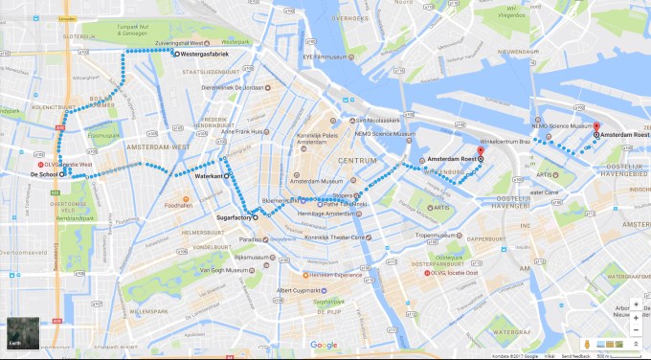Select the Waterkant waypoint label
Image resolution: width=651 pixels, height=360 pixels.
coord(208,177)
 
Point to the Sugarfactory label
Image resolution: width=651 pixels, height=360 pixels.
coord(229,218)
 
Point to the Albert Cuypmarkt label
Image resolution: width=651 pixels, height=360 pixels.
coord(298,289)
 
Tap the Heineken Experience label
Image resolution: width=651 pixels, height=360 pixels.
coord(331,274)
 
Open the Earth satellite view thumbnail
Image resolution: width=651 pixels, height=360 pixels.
coord(21,331)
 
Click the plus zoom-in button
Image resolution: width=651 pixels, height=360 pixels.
coord(636,317)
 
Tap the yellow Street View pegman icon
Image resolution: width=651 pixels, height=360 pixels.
coord(586,342)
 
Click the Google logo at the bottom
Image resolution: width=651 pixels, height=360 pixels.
coord(324,345)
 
